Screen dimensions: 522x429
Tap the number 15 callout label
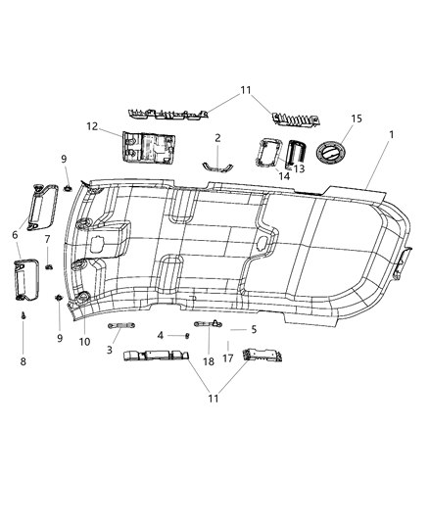point(356,119)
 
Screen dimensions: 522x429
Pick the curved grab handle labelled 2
point(217,165)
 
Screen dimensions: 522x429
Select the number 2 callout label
point(217,138)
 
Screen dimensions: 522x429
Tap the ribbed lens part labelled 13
point(297,155)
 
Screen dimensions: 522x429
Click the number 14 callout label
point(285,176)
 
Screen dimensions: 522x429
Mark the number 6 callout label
point(15,235)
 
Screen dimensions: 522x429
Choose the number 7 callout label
point(47,240)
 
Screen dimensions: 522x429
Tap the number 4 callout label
point(161,336)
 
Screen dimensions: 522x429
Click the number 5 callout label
point(254,330)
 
